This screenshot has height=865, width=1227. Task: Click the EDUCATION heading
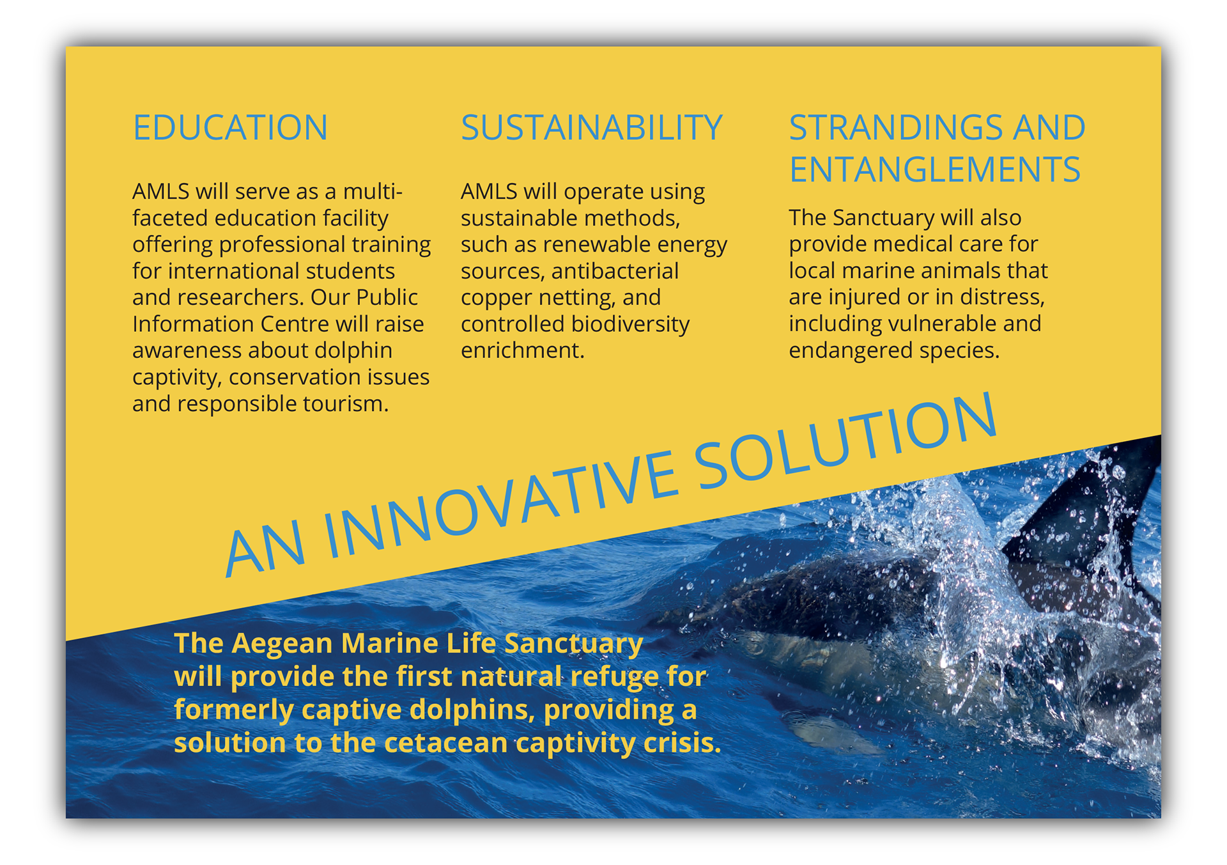[230, 127]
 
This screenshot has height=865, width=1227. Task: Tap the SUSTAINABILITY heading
[592, 127]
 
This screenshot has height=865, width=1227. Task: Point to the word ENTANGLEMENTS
[935, 169]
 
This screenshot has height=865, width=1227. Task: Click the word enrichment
[523, 350]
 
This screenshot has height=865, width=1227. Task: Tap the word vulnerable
[943, 323]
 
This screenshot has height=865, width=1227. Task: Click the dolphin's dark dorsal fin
[1086, 511]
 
